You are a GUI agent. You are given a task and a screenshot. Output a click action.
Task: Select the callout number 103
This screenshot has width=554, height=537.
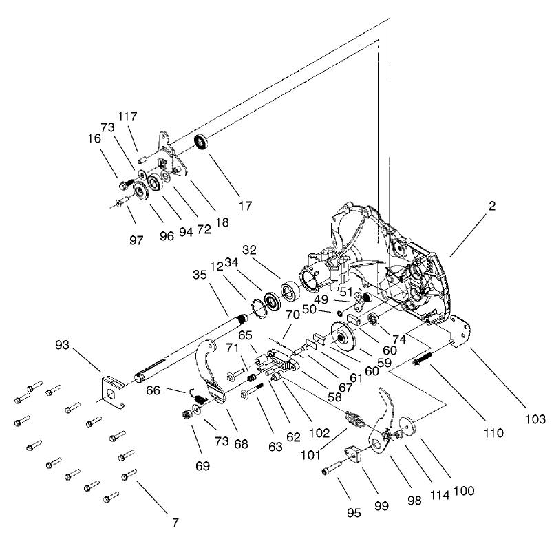(533, 419)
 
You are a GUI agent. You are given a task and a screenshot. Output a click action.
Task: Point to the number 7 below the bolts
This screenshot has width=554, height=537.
(175, 523)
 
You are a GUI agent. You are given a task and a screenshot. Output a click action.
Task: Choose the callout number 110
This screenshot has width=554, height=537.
(493, 434)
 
